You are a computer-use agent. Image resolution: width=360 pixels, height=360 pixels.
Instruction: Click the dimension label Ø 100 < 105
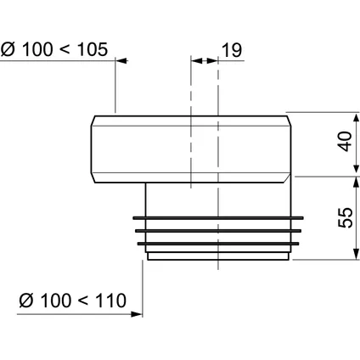[x=54, y=49]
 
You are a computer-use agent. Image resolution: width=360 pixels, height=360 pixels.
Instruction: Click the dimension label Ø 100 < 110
[x=73, y=301]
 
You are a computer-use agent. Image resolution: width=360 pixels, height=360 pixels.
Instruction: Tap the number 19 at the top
[x=232, y=50]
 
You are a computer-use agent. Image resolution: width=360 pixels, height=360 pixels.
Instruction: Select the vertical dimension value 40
[x=346, y=142]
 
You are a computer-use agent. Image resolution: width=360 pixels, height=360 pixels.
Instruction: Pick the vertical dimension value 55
[x=346, y=217]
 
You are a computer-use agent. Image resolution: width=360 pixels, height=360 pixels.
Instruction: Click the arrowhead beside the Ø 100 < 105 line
[x=122, y=60]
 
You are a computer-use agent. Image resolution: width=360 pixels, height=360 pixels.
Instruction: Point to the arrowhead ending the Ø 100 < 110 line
[x=137, y=314]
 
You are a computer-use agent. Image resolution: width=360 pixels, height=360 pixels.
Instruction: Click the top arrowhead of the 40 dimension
[x=357, y=119]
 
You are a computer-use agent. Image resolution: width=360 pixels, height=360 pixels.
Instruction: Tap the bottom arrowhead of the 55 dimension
[x=357, y=253]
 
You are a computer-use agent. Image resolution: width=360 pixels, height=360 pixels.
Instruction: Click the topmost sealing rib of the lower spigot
[x=218, y=218]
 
